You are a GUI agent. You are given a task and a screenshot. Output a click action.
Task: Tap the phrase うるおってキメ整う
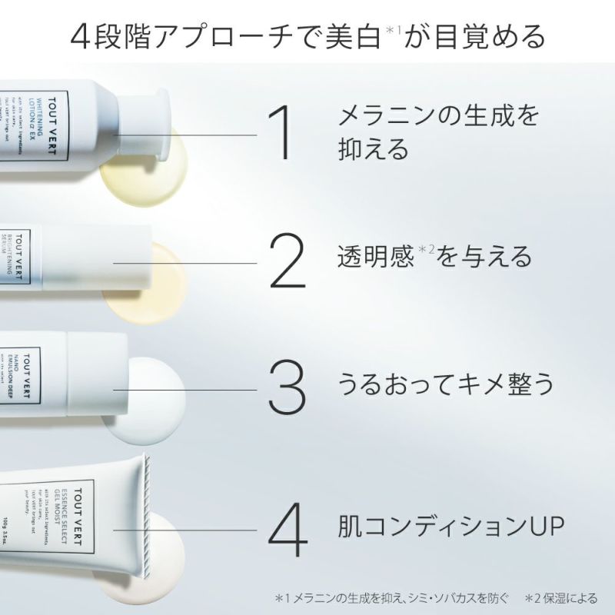tap(446, 384)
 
